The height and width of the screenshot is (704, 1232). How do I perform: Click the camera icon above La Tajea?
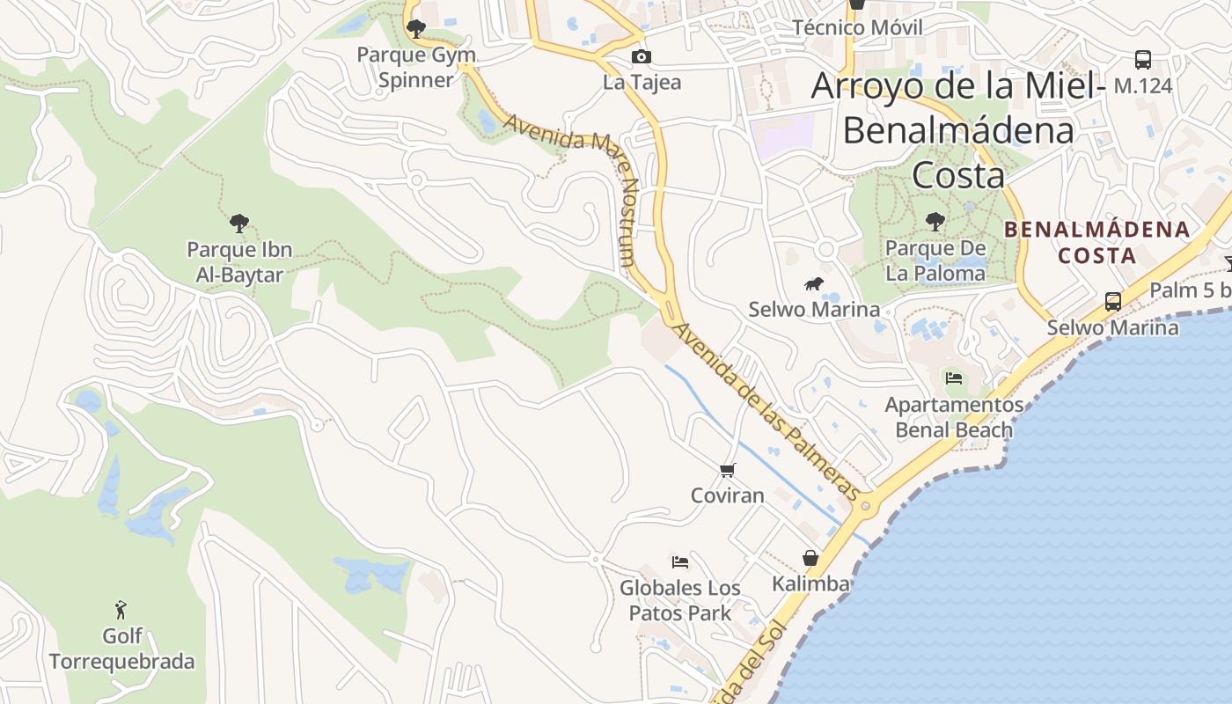click(x=642, y=57)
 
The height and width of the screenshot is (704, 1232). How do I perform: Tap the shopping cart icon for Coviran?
click(x=727, y=471)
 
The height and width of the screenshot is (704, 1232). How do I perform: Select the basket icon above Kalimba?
click(x=810, y=558)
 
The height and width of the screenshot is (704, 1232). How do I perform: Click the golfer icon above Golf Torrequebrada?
click(x=121, y=610)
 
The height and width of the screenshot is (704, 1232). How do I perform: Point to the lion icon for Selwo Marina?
click(x=813, y=284)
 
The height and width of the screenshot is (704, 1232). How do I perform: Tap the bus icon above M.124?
click(x=1142, y=60)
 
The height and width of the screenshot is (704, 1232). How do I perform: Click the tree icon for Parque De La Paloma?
click(x=935, y=222)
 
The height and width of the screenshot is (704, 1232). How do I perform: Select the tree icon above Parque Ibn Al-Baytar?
click(x=238, y=224)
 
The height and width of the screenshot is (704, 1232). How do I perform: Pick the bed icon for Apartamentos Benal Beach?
click(x=953, y=379)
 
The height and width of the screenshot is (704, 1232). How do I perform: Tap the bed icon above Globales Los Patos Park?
click(x=679, y=562)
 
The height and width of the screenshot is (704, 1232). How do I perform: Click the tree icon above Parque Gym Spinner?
click(x=416, y=29)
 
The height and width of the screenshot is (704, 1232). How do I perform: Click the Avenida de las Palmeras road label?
click(x=765, y=411)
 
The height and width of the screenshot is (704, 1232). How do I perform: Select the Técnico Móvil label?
click(x=857, y=27)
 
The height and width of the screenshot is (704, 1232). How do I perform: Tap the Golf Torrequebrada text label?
click(x=121, y=649)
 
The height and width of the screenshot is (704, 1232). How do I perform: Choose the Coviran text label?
click(x=727, y=495)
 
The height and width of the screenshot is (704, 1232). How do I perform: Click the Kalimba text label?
click(x=810, y=583)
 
